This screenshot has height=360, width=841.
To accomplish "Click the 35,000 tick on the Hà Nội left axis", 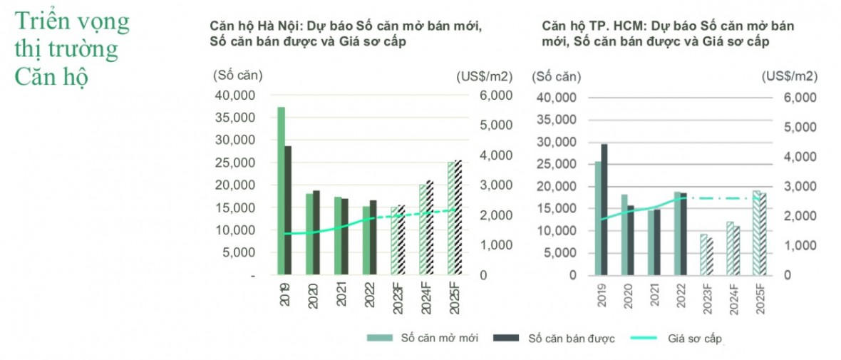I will pos(234,118).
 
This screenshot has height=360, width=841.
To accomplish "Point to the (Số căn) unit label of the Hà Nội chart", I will pos(237,74).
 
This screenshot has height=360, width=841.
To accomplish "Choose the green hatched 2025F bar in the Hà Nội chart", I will pos(451,218).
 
